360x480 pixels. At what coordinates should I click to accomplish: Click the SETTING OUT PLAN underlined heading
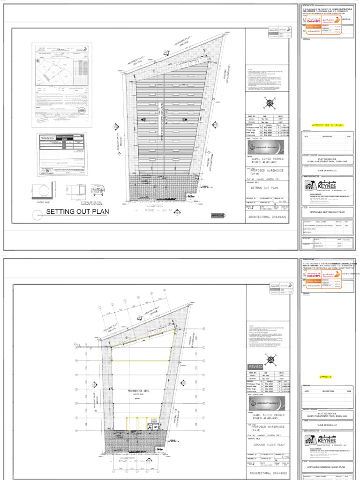tap(77, 212)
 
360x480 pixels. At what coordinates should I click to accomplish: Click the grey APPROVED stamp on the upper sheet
tap(218, 216)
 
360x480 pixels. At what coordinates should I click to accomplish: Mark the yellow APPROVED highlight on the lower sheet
tap(325, 376)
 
